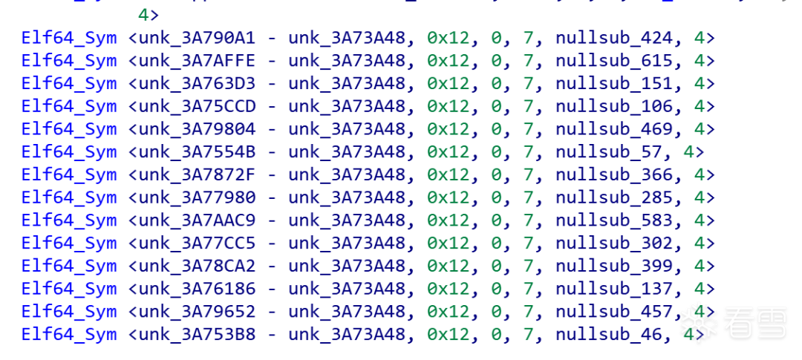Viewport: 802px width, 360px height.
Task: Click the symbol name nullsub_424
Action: pos(613,37)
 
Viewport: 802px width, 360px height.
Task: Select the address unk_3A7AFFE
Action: pos(197,60)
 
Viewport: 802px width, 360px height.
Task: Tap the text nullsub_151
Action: pos(613,83)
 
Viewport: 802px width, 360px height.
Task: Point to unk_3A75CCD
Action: pos(197,106)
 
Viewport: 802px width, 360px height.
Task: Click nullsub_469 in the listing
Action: pos(613,129)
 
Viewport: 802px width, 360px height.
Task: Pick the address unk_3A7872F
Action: pos(197,175)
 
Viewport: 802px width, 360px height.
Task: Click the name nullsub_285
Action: pos(613,198)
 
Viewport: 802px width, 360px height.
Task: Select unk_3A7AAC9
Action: pos(197,220)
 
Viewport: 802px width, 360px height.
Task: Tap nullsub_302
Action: pos(613,243)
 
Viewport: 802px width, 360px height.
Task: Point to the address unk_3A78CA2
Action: pos(197,266)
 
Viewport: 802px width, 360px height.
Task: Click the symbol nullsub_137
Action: pos(613,289)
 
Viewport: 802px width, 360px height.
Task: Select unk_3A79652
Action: pos(197,312)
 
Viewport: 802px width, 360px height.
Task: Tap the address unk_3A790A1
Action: pos(197,37)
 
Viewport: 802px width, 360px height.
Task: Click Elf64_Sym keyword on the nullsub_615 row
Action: pos(69,60)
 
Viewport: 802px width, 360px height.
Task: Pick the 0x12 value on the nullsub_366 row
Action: pos(449,175)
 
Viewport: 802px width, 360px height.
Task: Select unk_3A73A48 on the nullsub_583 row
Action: pos(347,220)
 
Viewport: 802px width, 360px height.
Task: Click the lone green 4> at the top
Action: pos(149,14)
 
